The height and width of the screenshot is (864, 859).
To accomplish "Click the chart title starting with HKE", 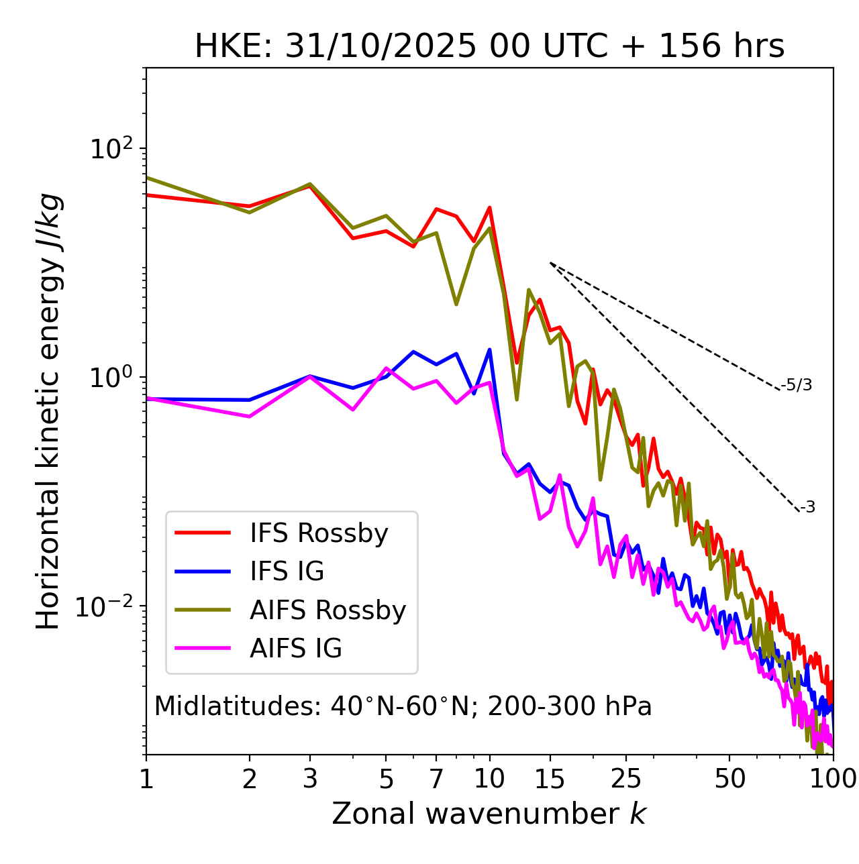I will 489,46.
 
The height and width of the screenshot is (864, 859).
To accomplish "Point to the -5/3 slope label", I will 797,385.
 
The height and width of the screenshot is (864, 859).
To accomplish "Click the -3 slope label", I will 807,507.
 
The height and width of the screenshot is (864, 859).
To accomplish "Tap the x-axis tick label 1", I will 146,779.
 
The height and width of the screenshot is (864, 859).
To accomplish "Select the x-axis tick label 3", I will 310,779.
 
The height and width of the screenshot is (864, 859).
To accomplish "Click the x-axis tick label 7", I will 436,779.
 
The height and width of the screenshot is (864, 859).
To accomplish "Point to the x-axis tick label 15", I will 550,779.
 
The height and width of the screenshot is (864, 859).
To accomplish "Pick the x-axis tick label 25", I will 626,779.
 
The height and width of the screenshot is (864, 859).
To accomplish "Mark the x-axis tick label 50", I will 729,779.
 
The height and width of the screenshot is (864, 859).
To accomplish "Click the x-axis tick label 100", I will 832,779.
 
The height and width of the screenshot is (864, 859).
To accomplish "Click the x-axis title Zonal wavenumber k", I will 489,814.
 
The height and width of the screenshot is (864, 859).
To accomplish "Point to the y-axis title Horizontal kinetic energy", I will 49,411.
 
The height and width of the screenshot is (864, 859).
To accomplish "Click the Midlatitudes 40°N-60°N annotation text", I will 403,706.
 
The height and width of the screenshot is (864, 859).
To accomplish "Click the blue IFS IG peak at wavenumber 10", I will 489,349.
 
